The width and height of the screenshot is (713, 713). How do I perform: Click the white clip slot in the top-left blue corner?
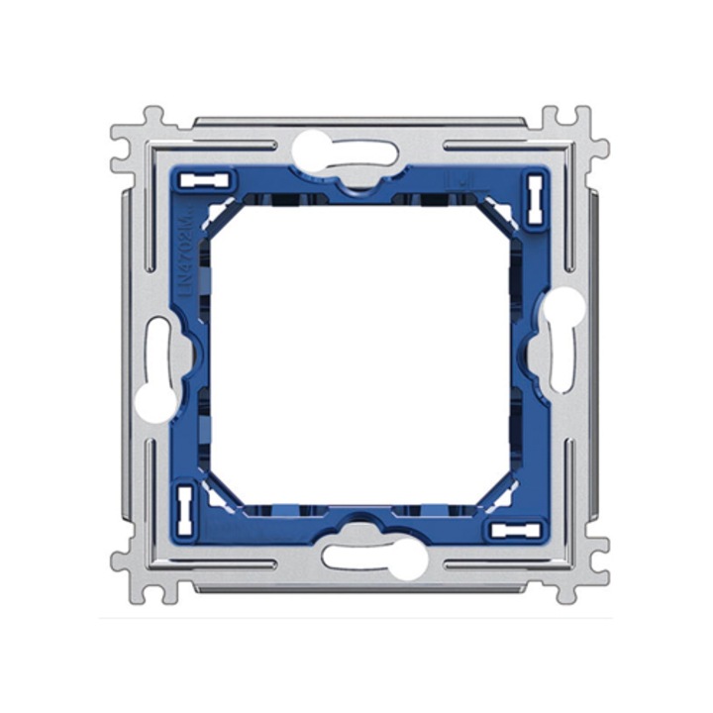coord(212,180)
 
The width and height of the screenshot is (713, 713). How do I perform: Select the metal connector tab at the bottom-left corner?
coord(139,569)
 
